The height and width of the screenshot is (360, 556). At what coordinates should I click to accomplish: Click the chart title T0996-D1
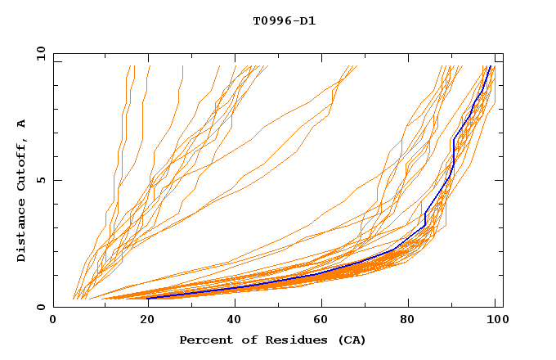point(284,21)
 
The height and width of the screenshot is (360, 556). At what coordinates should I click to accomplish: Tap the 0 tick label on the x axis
point(53,321)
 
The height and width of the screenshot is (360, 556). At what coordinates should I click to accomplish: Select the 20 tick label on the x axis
point(142,321)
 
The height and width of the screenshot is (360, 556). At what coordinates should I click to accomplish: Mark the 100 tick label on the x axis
point(495,321)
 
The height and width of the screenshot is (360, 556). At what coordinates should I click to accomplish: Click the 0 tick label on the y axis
point(40,307)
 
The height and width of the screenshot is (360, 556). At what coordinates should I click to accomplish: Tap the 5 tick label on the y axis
point(40,180)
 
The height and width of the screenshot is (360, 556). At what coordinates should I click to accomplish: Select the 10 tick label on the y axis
point(38,53)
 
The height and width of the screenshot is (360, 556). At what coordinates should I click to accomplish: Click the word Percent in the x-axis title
point(204,340)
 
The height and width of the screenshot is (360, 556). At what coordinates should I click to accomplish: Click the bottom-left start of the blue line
point(148,299)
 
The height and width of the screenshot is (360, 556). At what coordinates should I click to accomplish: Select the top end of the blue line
point(489,66)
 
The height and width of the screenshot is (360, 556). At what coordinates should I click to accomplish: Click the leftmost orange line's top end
point(129,66)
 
